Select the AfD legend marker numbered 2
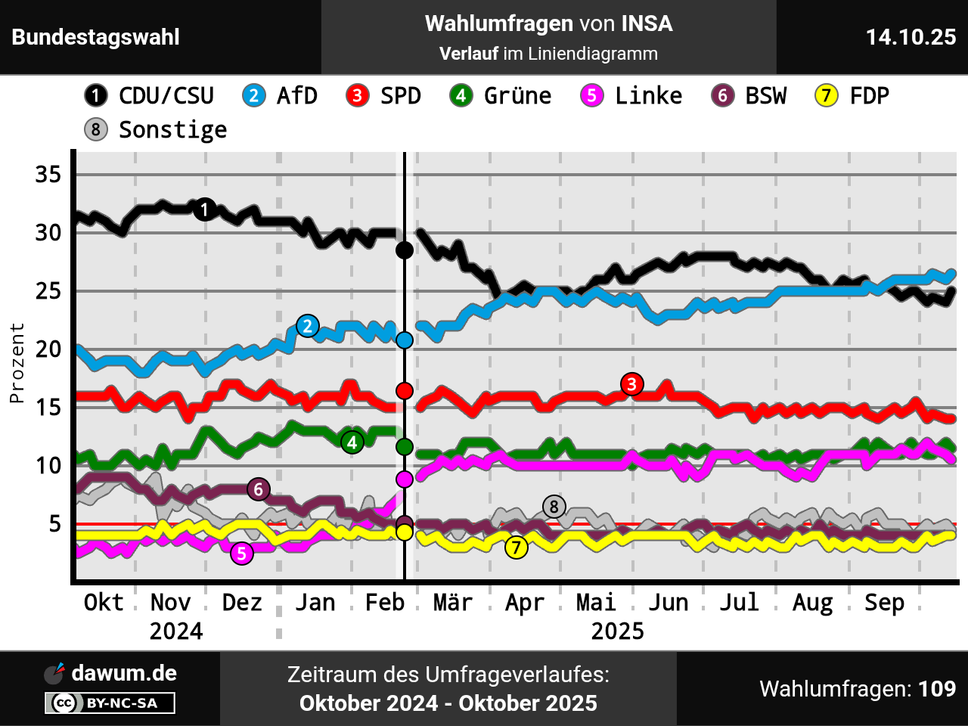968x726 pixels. pyautogui.click(x=254, y=96)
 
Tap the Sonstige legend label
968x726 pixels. pyautogui.click(x=172, y=130)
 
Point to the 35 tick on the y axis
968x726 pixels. pyautogui.click(x=48, y=175)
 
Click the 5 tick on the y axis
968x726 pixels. pyautogui.click(x=54, y=523)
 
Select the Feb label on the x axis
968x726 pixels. pyautogui.click(x=385, y=603)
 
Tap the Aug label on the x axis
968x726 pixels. pyautogui.click(x=812, y=603)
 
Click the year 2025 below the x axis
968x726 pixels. pyautogui.click(x=617, y=631)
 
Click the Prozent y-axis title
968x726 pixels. pyautogui.click(x=17, y=363)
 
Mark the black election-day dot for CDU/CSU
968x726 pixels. pyautogui.click(x=405, y=250)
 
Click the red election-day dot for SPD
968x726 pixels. pyautogui.click(x=405, y=390)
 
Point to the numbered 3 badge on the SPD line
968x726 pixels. pyautogui.click(x=631, y=384)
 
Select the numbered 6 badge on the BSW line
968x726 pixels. pyautogui.click(x=259, y=489)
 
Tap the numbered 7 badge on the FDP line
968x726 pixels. pyautogui.click(x=517, y=547)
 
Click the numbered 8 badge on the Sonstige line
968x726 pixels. pyautogui.click(x=554, y=507)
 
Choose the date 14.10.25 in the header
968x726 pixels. pyautogui.click(x=911, y=37)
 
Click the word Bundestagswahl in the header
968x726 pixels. pyautogui.click(x=96, y=37)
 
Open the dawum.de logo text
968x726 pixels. pyautogui.click(x=124, y=673)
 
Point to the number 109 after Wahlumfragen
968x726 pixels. pyautogui.click(x=937, y=689)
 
